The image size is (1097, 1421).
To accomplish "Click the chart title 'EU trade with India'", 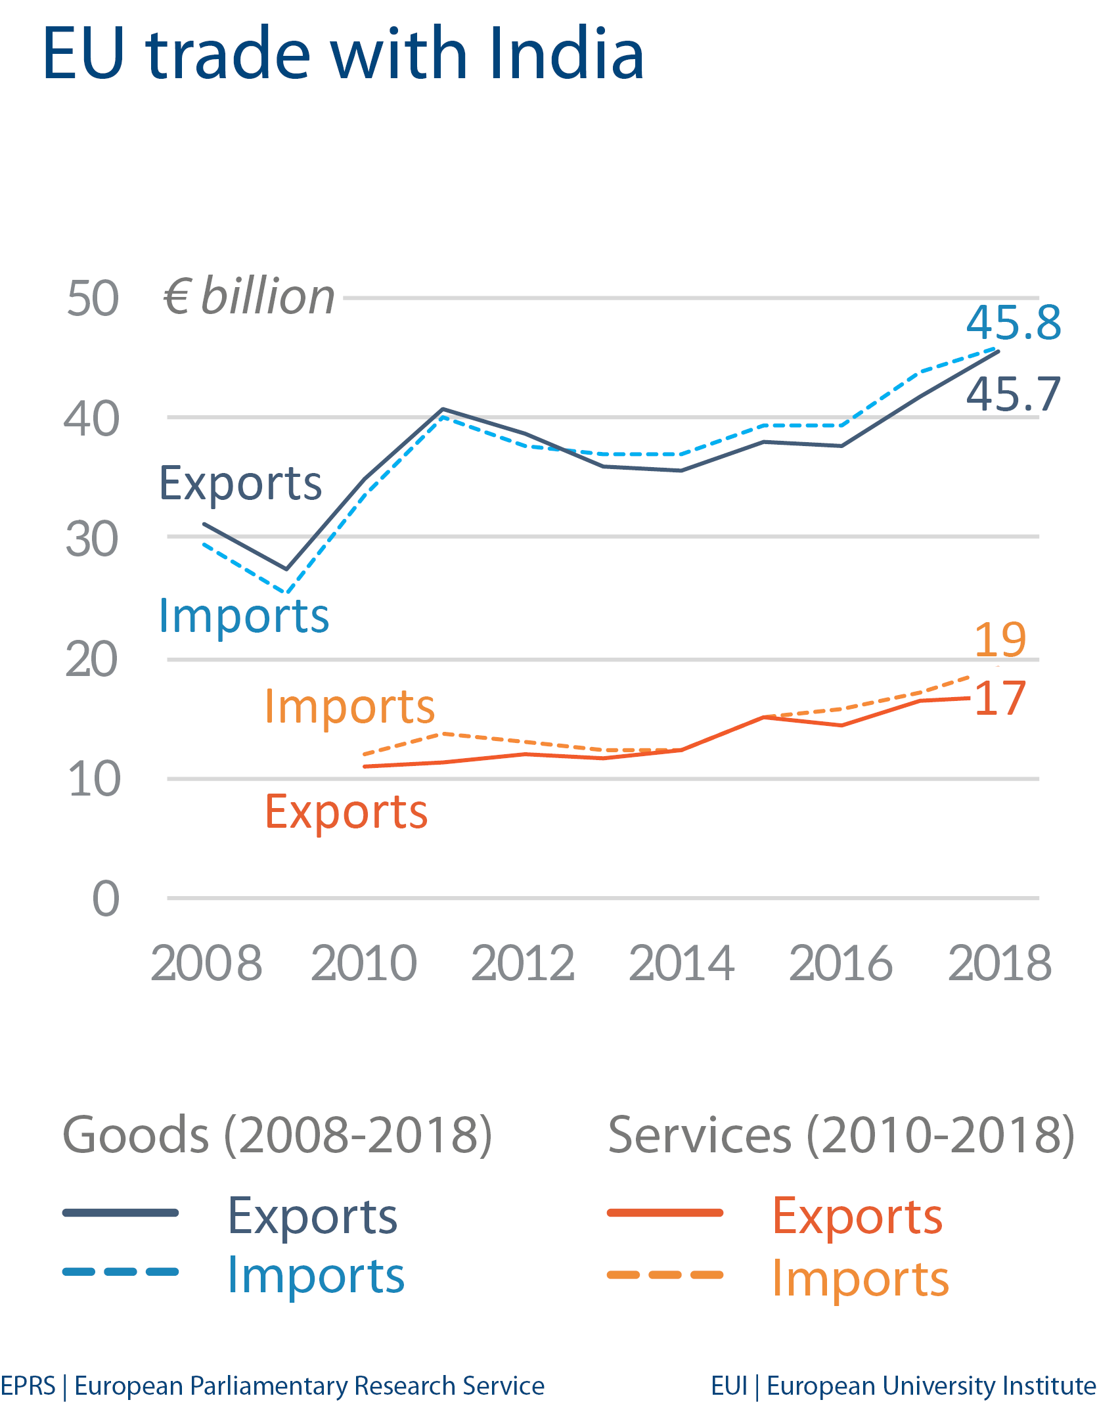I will click(x=343, y=54).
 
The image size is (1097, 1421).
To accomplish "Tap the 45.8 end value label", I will click(x=1014, y=323).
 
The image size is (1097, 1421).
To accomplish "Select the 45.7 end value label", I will click(x=1014, y=395).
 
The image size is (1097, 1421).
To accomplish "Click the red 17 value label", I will click(x=1000, y=698).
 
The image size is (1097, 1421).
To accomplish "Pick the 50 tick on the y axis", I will click(x=93, y=299).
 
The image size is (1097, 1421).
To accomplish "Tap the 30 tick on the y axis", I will click(x=92, y=540).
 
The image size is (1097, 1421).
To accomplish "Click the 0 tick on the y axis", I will click(x=106, y=899).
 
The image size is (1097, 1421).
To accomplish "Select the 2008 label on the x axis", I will click(x=206, y=963).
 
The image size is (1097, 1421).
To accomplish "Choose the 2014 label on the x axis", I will click(x=682, y=963).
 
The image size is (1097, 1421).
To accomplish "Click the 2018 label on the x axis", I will click(x=1000, y=963).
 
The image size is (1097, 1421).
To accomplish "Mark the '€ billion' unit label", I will click(x=249, y=296).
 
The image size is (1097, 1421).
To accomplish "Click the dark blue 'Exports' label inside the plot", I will click(x=240, y=483).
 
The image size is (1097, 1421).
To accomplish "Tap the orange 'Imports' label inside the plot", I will click(x=349, y=707).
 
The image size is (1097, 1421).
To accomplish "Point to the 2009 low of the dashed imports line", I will click(x=286, y=593).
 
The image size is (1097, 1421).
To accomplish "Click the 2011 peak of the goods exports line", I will click(x=443, y=409).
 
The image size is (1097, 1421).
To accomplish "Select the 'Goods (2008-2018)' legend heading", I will click(x=277, y=1135).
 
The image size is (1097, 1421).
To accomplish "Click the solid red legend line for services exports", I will click(x=665, y=1213).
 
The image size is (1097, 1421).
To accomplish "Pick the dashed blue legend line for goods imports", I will click(x=121, y=1272).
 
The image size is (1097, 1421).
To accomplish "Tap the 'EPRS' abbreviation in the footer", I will click(x=28, y=1386).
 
